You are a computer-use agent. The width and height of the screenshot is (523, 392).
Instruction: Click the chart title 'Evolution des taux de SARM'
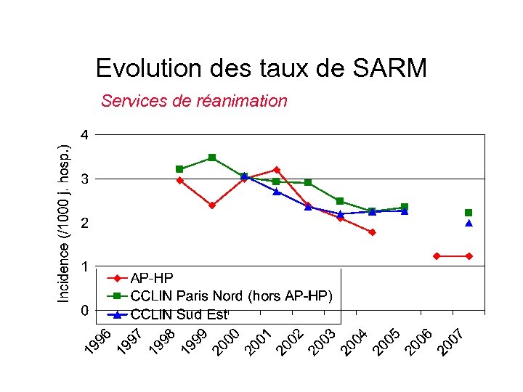click(x=261, y=68)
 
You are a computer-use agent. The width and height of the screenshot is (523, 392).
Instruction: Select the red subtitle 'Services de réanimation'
click(x=194, y=101)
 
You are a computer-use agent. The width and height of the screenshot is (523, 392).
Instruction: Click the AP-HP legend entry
click(x=152, y=277)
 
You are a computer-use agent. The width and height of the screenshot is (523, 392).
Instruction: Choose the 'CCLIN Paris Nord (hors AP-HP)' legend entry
click(x=231, y=295)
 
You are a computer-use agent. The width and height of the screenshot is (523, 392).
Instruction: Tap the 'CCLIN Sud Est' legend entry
click(x=179, y=314)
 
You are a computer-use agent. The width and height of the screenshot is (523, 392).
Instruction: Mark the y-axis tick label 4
click(x=85, y=134)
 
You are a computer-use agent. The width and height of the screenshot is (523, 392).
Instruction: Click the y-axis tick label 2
click(x=85, y=223)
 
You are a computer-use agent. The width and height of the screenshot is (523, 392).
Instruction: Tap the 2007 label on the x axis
click(x=450, y=343)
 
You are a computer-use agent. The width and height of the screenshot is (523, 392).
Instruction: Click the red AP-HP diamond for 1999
click(x=212, y=205)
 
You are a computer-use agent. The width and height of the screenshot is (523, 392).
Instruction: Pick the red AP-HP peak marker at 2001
click(x=276, y=170)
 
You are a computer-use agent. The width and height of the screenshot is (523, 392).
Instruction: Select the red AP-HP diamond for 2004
click(x=372, y=232)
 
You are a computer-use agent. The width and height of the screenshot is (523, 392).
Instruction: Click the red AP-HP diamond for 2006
click(x=437, y=256)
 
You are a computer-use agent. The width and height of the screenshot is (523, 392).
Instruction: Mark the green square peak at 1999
click(x=212, y=158)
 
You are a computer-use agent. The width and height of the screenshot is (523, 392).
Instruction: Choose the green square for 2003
click(x=340, y=201)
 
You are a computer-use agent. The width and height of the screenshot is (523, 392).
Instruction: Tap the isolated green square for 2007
click(x=469, y=213)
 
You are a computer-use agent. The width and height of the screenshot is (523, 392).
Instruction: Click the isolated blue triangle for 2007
click(x=469, y=224)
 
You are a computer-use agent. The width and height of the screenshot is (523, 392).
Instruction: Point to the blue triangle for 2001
click(x=276, y=192)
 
